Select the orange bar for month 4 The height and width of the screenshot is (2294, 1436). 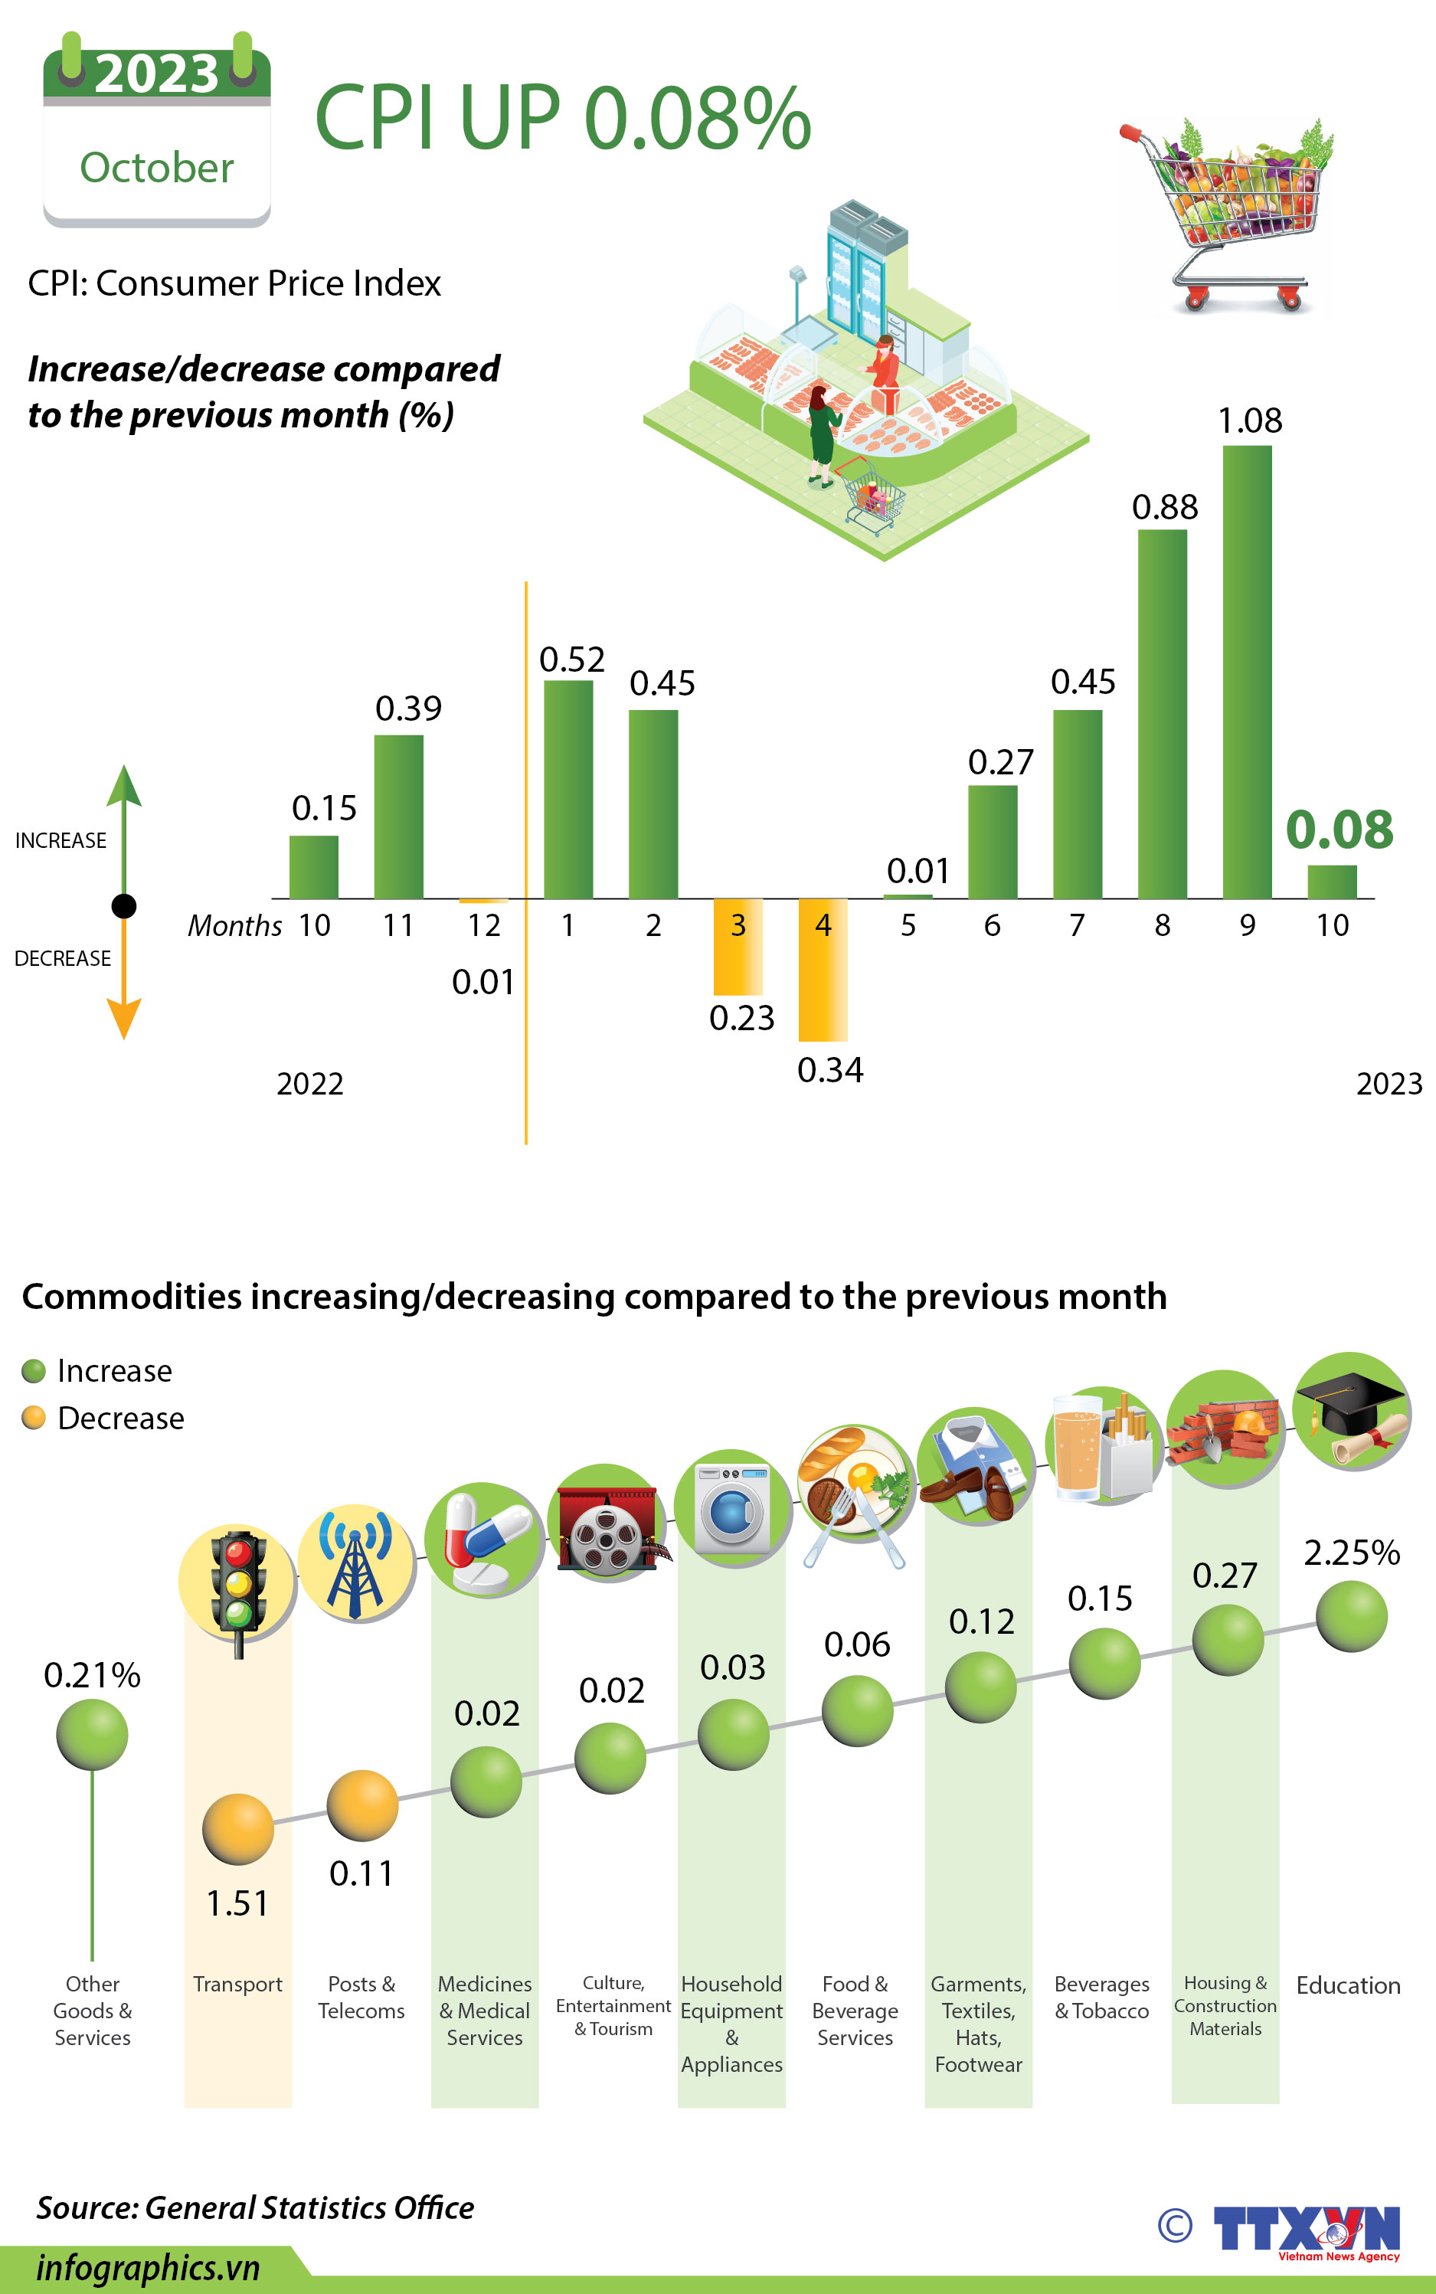pos(823,969)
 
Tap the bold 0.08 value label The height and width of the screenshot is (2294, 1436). pos(1340,830)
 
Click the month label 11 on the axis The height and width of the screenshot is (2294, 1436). pos(398,925)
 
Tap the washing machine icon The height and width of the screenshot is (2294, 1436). pos(731,1508)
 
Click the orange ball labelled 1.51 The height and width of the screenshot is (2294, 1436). pos(237,1828)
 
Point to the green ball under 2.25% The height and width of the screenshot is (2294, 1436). pos(1350,1616)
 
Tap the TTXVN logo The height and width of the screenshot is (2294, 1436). pos(1306,2230)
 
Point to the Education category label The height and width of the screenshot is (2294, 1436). pos(1348,1985)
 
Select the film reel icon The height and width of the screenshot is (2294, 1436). pos(606,1523)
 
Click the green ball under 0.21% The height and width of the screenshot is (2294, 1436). pos(92,1735)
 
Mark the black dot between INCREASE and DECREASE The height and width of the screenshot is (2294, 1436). pos(123,906)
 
